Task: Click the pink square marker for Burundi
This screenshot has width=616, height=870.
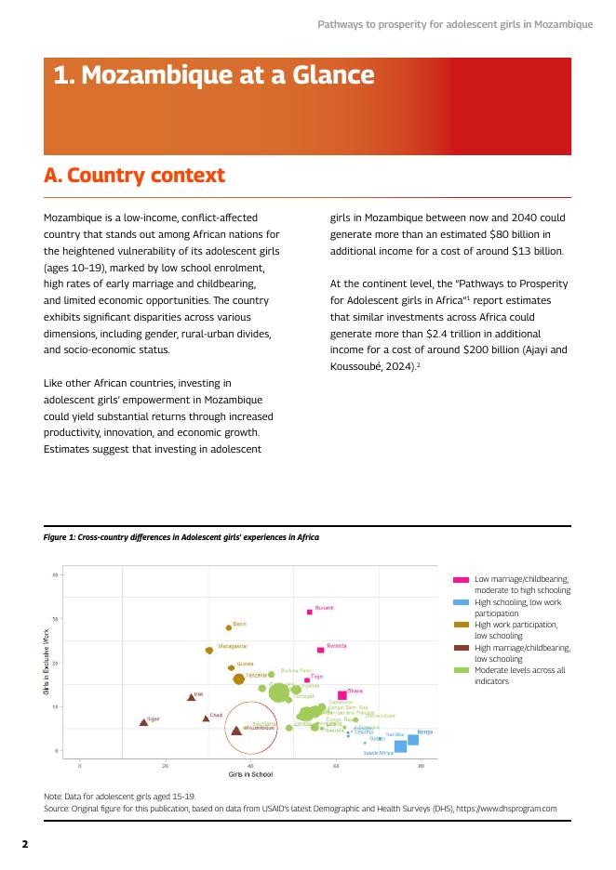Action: coord(310,612)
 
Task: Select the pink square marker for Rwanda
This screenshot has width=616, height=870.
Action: coord(320,650)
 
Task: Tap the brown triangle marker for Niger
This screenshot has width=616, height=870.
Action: coord(143,721)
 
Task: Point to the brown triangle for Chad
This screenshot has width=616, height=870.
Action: coord(206,718)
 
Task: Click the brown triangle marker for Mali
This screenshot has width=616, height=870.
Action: coord(191,696)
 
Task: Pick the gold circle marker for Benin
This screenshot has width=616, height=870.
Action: coord(229,627)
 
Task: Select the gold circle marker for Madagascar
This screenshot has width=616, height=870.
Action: coord(209,651)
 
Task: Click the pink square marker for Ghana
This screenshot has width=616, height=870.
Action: coord(342,695)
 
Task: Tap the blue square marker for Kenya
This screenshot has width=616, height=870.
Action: coord(413,740)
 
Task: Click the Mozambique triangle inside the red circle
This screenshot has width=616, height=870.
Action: coord(236,730)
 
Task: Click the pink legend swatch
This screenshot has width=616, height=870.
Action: coord(461,579)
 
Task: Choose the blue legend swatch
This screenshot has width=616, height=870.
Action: coord(461,602)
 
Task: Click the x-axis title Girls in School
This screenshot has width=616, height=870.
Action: coord(250,774)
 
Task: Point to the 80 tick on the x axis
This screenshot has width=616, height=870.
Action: coord(421,765)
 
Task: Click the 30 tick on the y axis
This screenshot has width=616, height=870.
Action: coord(55,619)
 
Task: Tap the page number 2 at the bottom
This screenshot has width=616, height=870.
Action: coord(26,844)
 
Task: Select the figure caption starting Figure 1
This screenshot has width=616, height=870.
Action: coord(181,537)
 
